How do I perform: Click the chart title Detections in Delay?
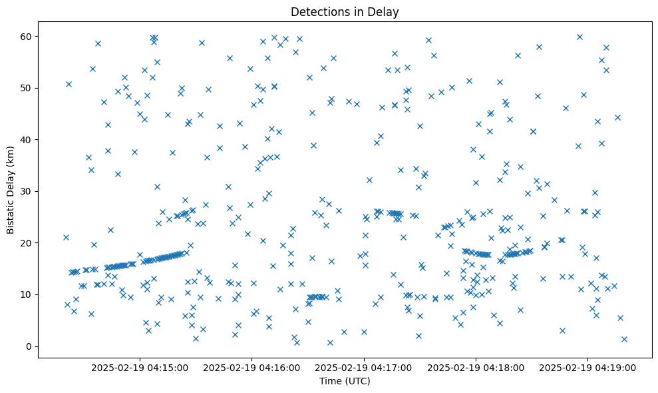click(345, 12)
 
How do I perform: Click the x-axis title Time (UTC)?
click(345, 382)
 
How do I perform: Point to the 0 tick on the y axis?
click(29, 346)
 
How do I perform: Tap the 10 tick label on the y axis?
click(27, 294)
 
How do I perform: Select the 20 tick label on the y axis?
click(27, 243)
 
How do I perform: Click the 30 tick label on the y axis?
click(27, 191)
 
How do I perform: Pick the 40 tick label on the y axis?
click(27, 140)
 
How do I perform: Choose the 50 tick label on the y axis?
click(27, 88)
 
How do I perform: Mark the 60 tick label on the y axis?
click(27, 36)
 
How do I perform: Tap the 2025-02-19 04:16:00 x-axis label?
click(253, 367)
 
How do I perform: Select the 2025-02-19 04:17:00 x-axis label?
click(365, 367)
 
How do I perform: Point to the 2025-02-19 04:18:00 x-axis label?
click(476, 367)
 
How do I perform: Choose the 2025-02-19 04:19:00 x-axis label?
click(588, 367)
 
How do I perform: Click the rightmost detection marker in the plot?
click(624, 339)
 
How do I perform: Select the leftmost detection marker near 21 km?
click(66, 237)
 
